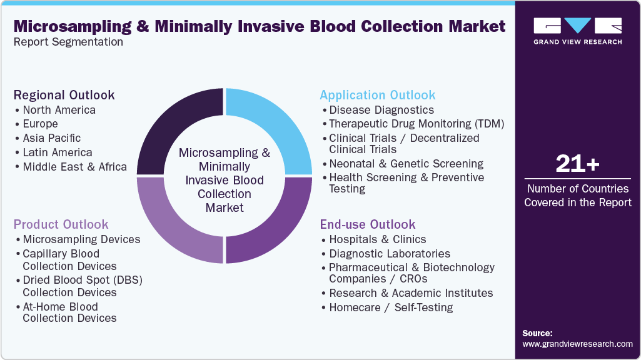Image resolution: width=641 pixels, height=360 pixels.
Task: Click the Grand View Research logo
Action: pyautogui.click(x=577, y=31)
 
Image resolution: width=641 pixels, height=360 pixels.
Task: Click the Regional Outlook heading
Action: pyautogui.click(x=64, y=95)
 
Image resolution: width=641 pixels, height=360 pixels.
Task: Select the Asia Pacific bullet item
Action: pyautogui.click(x=51, y=138)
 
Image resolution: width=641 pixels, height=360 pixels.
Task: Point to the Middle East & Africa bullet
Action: pyautogui.click(x=74, y=167)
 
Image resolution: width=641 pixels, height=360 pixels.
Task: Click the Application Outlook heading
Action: pyautogui.click(x=377, y=95)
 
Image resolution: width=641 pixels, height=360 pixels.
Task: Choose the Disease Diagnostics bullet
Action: pyautogui.click(x=381, y=110)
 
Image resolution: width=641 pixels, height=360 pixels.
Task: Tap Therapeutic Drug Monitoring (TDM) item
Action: pyautogui.click(x=416, y=124)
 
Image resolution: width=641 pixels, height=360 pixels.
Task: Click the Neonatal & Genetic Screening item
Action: pyautogui.click(x=406, y=164)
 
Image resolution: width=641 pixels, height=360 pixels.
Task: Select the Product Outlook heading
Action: pyautogui.click(x=61, y=224)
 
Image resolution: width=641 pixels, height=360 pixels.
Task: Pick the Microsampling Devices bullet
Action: pyautogui.click(x=81, y=239)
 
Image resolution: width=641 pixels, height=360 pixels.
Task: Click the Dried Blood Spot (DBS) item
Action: pyautogui.click(x=83, y=286)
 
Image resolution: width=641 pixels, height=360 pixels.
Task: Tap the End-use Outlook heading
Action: pyautogui.click(x=368, y=224)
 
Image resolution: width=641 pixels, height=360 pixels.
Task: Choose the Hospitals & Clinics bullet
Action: pyautogui.click(x=377, y=239)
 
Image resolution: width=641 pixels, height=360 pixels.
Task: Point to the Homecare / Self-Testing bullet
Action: pyautogui.click(x=391, y=307)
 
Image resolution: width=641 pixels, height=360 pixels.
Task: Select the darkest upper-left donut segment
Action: pyautogui.click(x=172, y=125)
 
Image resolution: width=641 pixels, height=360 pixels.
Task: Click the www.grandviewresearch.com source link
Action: pyautogui.click(x=577, y=344)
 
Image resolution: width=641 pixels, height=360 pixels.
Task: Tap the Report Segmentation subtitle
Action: pyautogui.click(x=68, y=42)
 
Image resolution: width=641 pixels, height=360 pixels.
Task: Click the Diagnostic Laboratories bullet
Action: pyautogui.click(x=389, y=254)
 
